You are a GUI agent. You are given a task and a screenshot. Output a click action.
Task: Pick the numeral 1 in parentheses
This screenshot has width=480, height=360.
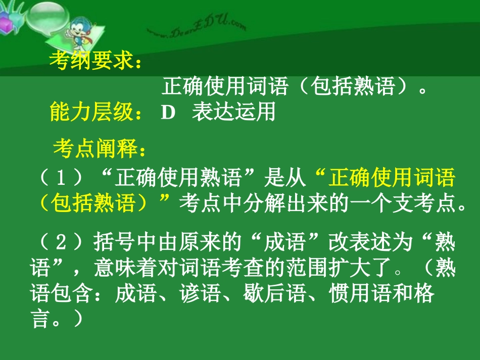click(61, 178)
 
